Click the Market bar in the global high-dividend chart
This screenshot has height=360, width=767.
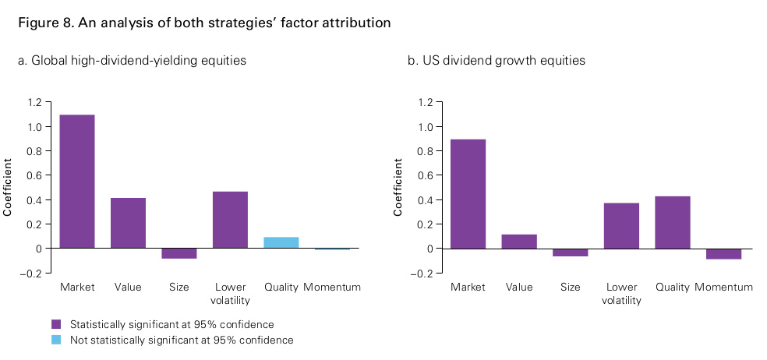click(77, 181)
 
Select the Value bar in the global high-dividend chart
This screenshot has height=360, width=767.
click(128, 223)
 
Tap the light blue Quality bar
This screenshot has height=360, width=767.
click(281, 242)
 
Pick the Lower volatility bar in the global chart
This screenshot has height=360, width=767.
click(230, 220)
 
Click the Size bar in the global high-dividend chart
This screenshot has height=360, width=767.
click(179, 253)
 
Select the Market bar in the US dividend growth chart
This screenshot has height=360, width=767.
click(468, 193)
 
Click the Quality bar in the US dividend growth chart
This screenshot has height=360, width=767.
click(672, 222)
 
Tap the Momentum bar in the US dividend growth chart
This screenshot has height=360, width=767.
click(723, 253)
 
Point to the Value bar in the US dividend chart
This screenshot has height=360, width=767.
click(519, 242)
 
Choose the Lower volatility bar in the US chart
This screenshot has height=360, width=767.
click(621, 225)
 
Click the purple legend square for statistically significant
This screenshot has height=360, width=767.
click(55, 324)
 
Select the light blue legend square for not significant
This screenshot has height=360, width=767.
click(55, 340)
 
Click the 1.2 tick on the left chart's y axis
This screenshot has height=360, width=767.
click(34, 102)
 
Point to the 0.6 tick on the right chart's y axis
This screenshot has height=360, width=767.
click(424, 175)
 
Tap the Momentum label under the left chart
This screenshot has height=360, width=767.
click(332, 287)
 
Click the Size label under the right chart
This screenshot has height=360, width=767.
click(570, 287)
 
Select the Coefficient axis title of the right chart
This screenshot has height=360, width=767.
click(398, 187)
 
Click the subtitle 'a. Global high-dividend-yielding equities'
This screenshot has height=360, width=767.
click(132, 61)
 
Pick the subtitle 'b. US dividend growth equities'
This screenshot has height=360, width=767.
click(496, 61)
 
